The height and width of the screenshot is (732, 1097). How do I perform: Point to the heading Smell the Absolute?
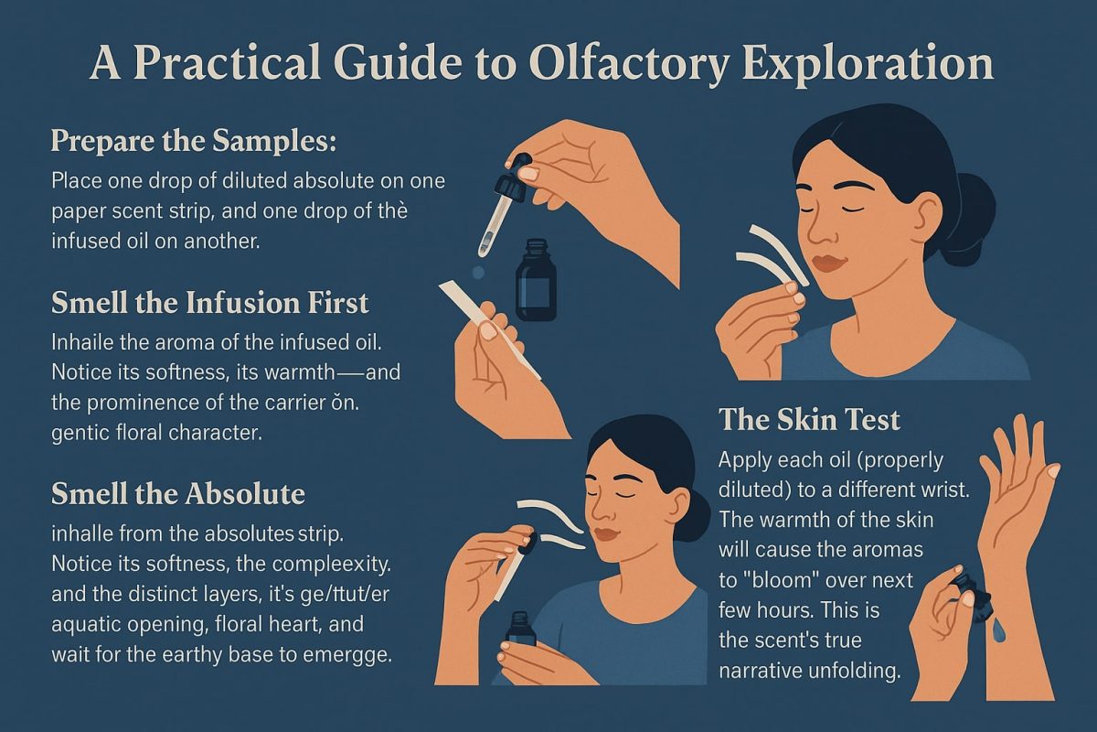pyautogui.click(x=177, y=493)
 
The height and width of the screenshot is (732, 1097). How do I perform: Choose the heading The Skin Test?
pyautogui.click(x=809, y=419)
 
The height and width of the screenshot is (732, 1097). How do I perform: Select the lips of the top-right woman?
pyautogui.click(x=830, y=264)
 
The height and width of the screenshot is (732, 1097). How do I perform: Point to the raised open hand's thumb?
pyautogui.click(x=1051, y=476)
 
